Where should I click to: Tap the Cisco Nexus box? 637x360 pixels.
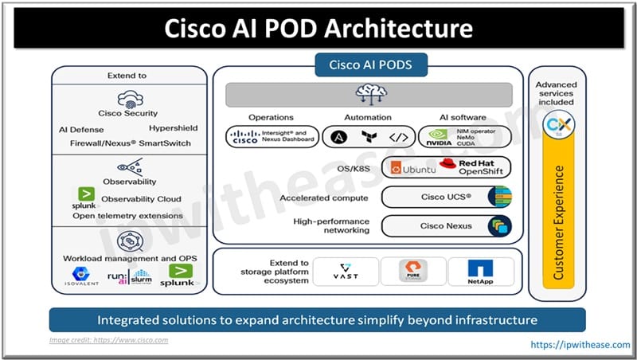(x=446, y=226)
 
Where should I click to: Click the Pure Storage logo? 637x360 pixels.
(x=411, y=272)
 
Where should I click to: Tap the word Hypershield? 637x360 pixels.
(x=173, y=127)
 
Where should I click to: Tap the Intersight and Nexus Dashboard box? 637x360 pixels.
(x=272, y=137)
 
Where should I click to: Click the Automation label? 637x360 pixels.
(x=367, y=117)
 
